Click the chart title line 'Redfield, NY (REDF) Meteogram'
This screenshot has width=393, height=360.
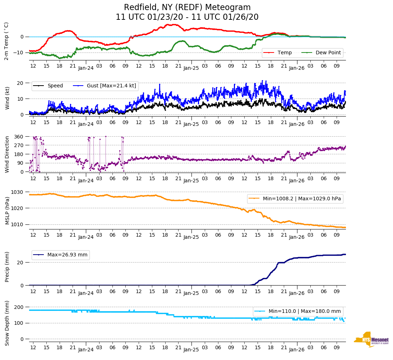pos(187,7)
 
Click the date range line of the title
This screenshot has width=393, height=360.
pos(187,17)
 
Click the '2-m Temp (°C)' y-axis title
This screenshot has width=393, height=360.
pos(6,41)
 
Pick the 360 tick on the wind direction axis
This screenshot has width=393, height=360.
pos(19,137)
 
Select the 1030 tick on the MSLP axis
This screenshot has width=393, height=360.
pos(18,192)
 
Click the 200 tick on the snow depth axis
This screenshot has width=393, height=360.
pos(19,307)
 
